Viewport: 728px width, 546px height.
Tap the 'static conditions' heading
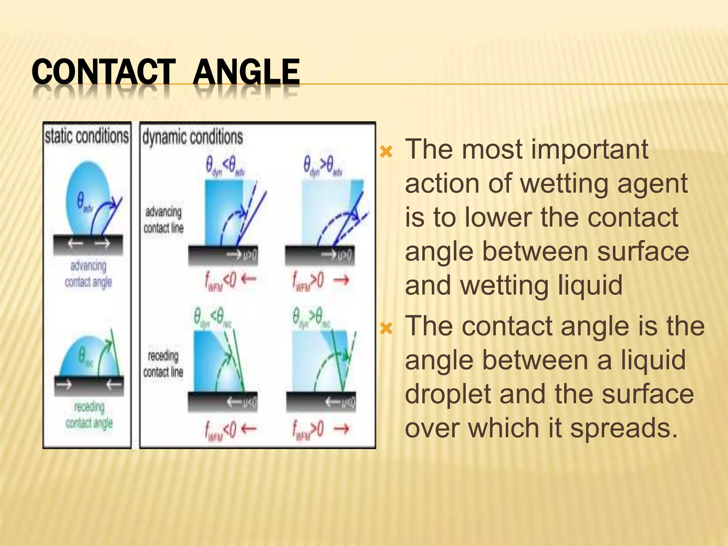(86, 136)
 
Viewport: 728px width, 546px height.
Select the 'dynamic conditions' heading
(192, 137)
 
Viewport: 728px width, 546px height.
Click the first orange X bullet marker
(386, 152)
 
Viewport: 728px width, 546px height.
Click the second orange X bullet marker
(386, 328)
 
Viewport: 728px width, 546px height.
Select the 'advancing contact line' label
(163, 220)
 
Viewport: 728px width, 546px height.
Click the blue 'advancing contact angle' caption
(88, 274)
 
